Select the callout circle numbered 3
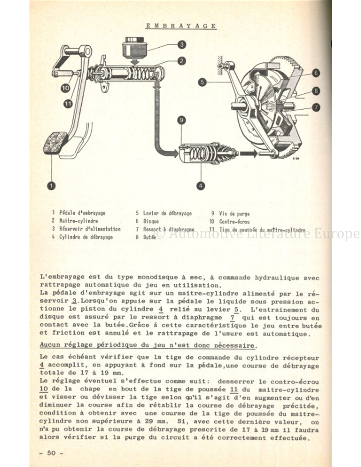tap(182, 44)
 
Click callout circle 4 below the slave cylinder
tap(201, 186)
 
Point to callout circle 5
tap(202, 82)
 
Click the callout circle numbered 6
tap(316, 73)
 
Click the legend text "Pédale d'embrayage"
tap(82, 213)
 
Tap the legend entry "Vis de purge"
tap(234, 213)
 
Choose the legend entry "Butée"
tap(150, 237)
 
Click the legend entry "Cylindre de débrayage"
tap(86, 237)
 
